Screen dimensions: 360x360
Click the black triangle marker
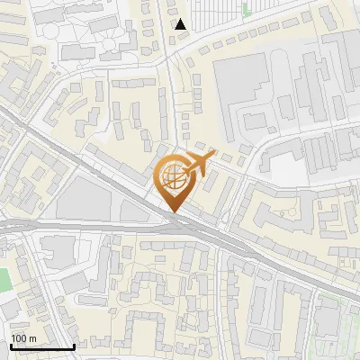pos(181,24)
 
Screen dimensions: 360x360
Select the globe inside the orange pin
pos(174,177)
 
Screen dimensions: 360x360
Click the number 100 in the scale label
pos(18,338)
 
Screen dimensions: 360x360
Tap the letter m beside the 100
pos(31,338)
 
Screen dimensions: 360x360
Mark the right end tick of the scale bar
pos(74,346)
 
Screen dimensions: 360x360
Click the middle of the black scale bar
pos(40,346)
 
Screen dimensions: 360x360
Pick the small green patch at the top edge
pos(247,9)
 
